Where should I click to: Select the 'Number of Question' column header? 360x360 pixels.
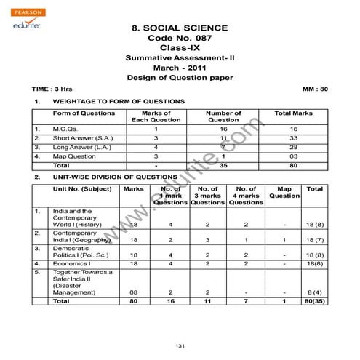(x=223, y=117)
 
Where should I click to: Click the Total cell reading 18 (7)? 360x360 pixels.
(x=315, y=239)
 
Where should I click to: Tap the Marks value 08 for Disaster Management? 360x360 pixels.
(x=133, y=292)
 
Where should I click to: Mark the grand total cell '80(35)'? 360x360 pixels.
(x=315, y=300)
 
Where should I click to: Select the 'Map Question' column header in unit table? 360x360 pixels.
(x=284, y=192)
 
